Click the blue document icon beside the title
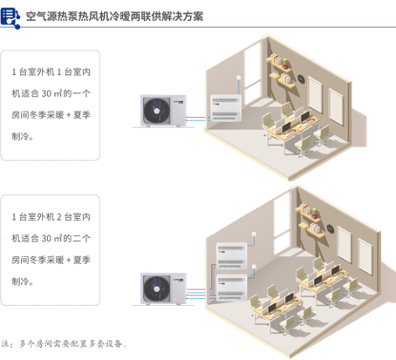click(10, 18)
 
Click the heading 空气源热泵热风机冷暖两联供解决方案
click(114, 17)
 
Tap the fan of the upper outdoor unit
click(156, 111)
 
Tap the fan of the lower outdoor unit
click(156, 289)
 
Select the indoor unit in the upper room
click(226, 108)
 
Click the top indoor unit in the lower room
click(231, 255)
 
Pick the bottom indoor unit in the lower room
click(232, 288)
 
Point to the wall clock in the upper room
click(301, 79)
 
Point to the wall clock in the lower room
click(331, 229)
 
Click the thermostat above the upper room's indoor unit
click(238, 78)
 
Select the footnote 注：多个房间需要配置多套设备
click(65, 344)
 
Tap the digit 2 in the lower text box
click(59, 217)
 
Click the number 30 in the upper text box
click(46, 93)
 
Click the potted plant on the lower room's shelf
click(314, 213)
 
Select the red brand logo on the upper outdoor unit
click(178, 102)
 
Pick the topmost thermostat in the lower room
click(254, 234)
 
